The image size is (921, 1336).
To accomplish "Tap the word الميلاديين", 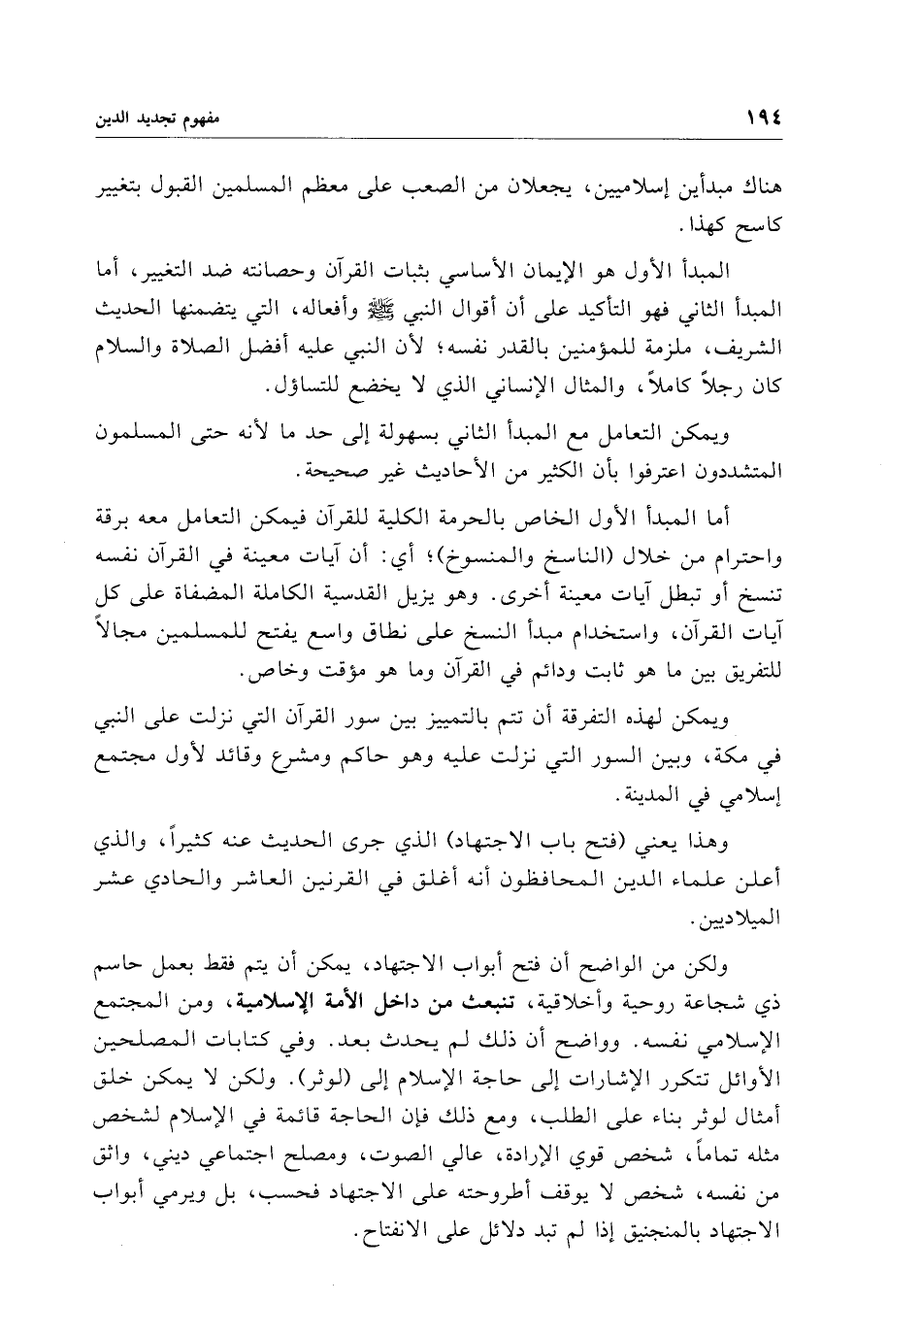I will click(x=763, y=918).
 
